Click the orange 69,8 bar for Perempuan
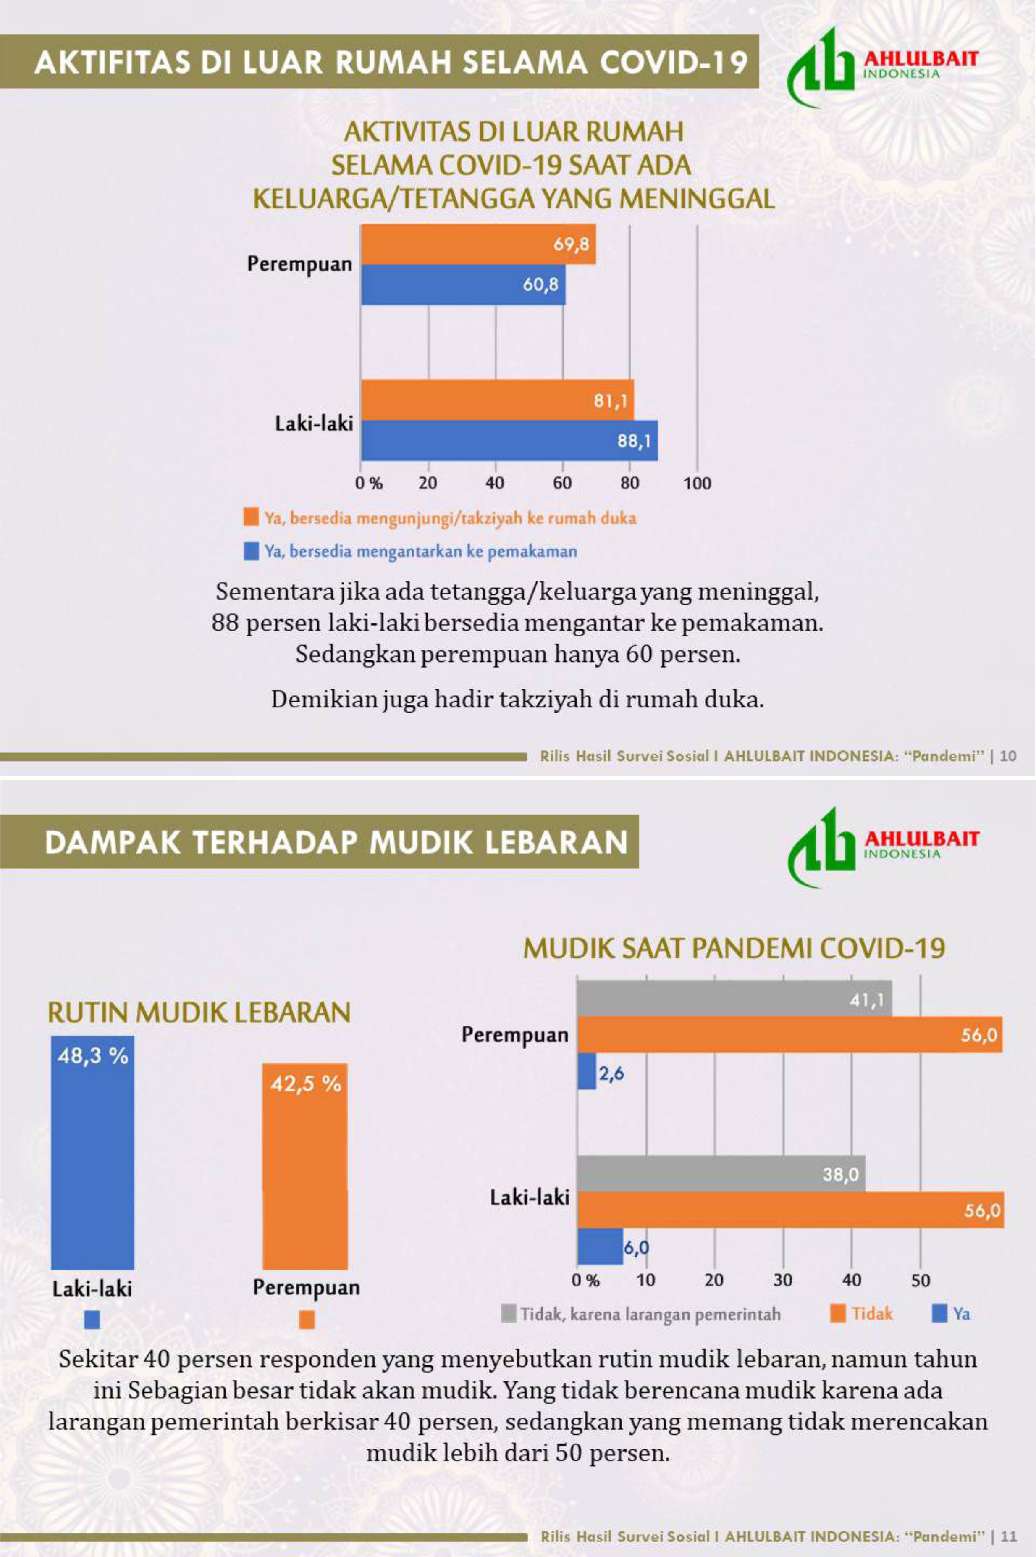(478, 245)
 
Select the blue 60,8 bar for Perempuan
(462, 285)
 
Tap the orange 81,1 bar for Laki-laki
(497, 400)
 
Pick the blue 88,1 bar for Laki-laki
(509, 440)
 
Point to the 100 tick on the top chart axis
(697, 483)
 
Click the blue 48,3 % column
(92, 1153)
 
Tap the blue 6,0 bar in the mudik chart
(600, 1247)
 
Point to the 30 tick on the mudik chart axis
(783, 1281)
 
